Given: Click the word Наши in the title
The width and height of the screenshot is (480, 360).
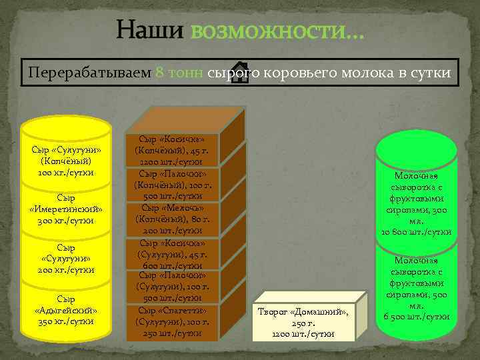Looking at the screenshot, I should coord(148,30).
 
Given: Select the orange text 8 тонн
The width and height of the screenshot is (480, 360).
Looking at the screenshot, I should coord(179,73).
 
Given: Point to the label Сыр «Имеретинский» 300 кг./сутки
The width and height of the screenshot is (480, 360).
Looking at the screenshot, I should coord(66,209).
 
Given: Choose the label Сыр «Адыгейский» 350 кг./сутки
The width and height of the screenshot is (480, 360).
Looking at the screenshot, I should coord(66,310).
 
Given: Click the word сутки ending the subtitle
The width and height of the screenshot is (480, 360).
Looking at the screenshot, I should coord(434,73).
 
